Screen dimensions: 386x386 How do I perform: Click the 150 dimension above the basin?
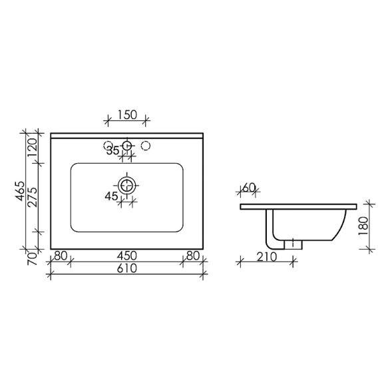coord(127,114)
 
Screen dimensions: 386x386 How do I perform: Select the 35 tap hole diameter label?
coord(113,151)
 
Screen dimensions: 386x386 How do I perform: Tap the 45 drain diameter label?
coord(111,196)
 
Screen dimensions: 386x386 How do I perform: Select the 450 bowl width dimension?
coord(127,255)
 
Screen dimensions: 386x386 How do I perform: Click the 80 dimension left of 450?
coord(61,255)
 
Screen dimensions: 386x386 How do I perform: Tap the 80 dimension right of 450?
coord(193,255)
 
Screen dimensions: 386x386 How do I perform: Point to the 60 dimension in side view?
coord(249,188)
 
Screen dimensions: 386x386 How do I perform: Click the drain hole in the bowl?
coord(127,184)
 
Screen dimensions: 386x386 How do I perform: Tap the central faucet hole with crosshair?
coord(127,144)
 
